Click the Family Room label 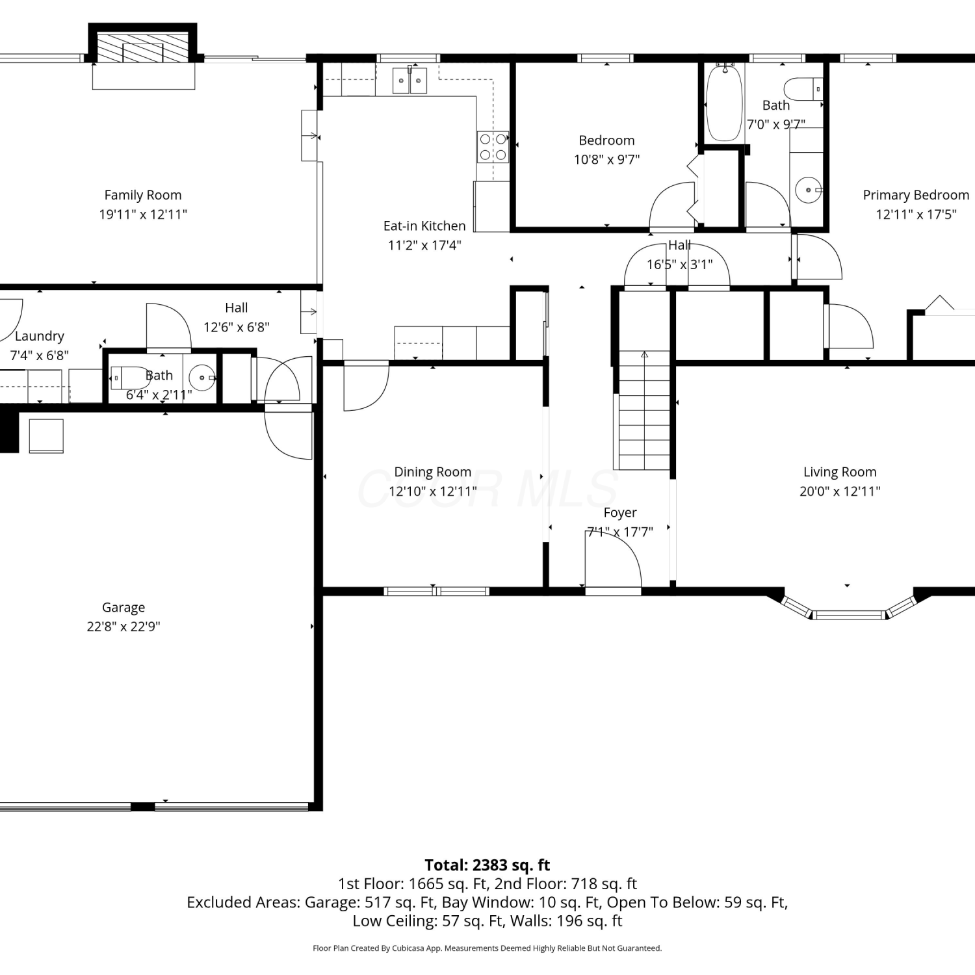[x=143, y=195]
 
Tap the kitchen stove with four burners [x=493, y=147]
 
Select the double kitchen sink [x=409, y=81]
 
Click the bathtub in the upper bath [x=724, y=103]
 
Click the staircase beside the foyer [x=643, y=409]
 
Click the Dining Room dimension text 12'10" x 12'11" [x=433, y=491]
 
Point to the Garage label [x=123, y=607]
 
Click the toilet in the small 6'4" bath [x=130, y=378]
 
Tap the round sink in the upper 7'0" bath [x=809, y=190]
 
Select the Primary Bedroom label [x=916, y=195]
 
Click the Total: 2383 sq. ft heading [x=487, y=865]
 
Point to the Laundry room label [x=40, y=336]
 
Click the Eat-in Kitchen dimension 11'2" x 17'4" [x=424, y=245]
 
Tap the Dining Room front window [x=436, y=591]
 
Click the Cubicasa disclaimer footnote [x=487, y=948]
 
